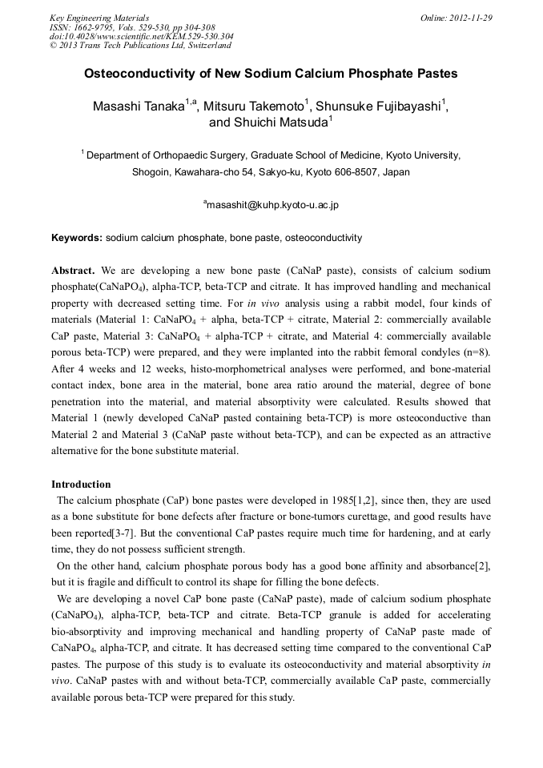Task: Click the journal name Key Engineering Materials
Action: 99,18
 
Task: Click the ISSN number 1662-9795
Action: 95,27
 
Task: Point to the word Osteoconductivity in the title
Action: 140,74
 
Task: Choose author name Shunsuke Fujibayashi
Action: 380,105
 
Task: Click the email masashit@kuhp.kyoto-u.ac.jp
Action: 273,205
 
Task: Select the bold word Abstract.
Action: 73,271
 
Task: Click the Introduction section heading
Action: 81,484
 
